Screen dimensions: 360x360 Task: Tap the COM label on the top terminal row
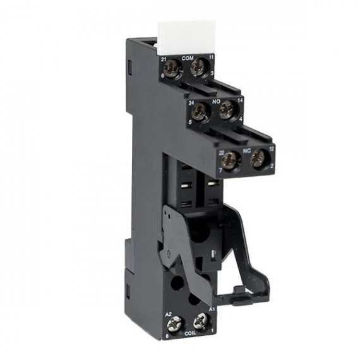pyautogui.click(x=187, y=58)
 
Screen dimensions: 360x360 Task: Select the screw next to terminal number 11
pyautogui.click(x=201, y=66)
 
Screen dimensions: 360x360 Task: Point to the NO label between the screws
pyautogui.click(x=215, y=100)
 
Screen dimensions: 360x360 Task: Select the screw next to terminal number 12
pyautogui.click(x=257, y=160)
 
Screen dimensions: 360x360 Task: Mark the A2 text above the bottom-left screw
pyautogui.click(x=169, y=313)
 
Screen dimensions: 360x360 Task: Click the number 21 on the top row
pyautogui.click(x=164, y=58)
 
